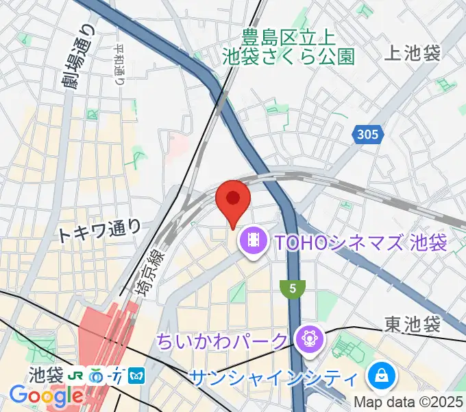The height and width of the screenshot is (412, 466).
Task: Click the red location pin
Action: coord(232,201)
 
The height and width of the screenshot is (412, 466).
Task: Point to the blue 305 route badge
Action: coord(367,136)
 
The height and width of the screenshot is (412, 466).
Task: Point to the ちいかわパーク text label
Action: coord(223,340)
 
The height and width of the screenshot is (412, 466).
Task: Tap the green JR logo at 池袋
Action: coord(77,376)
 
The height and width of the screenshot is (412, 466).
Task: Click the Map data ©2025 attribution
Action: coord(407,402)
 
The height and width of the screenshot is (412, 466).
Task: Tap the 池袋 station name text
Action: coord(46,376)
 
